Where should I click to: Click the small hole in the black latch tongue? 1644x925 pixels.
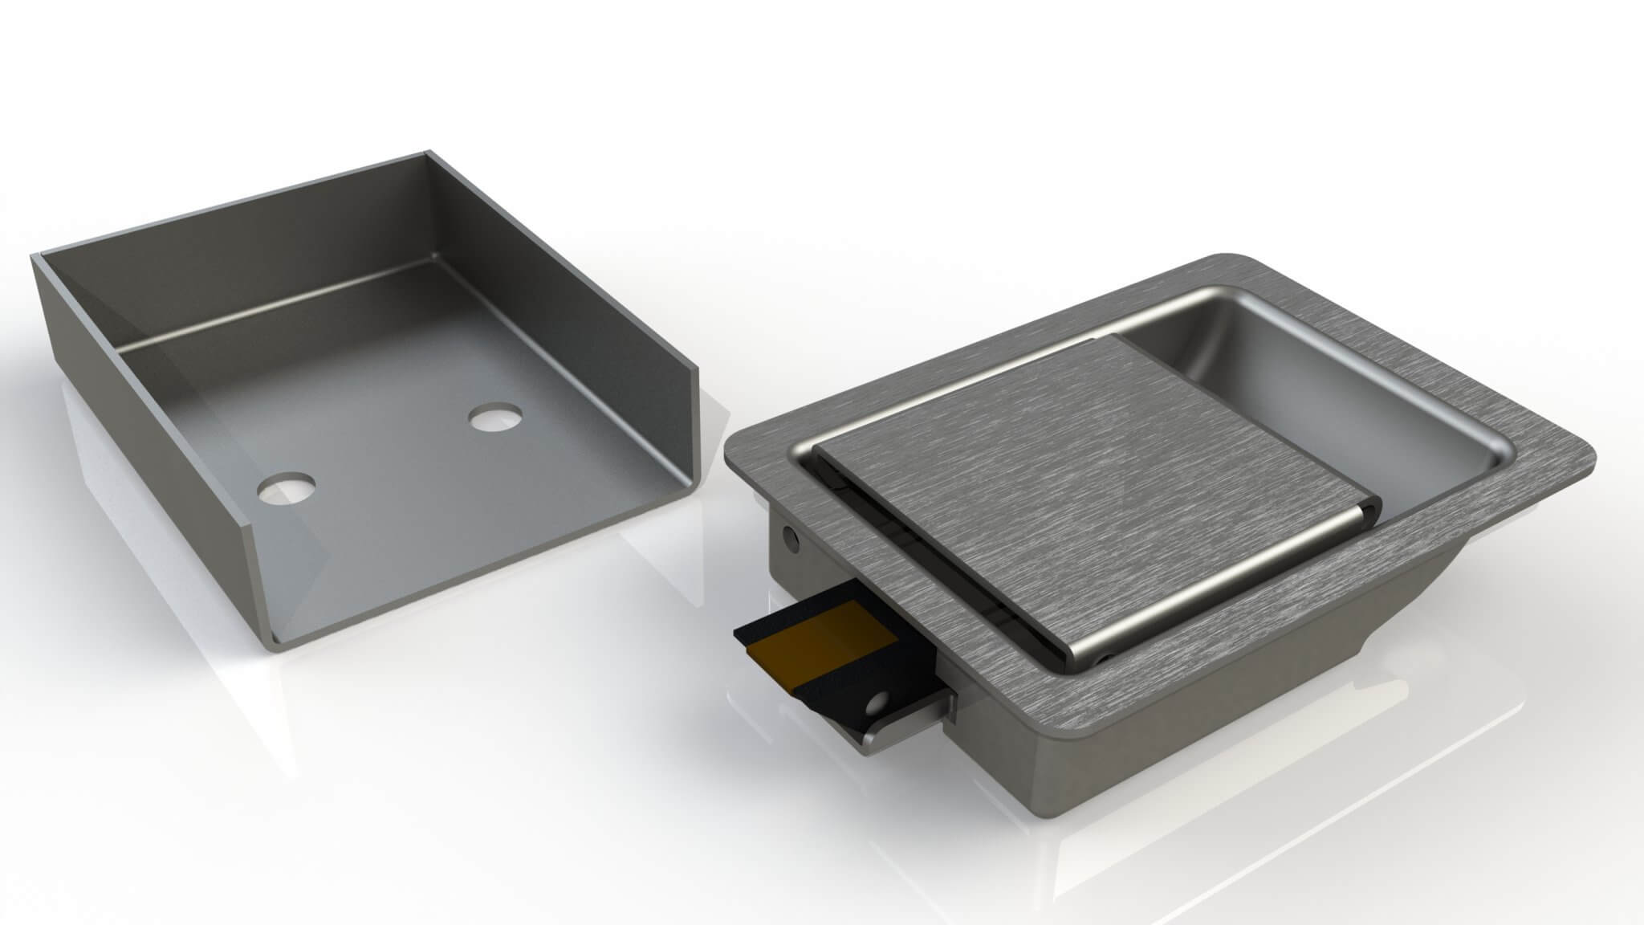[x=881, y=704]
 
